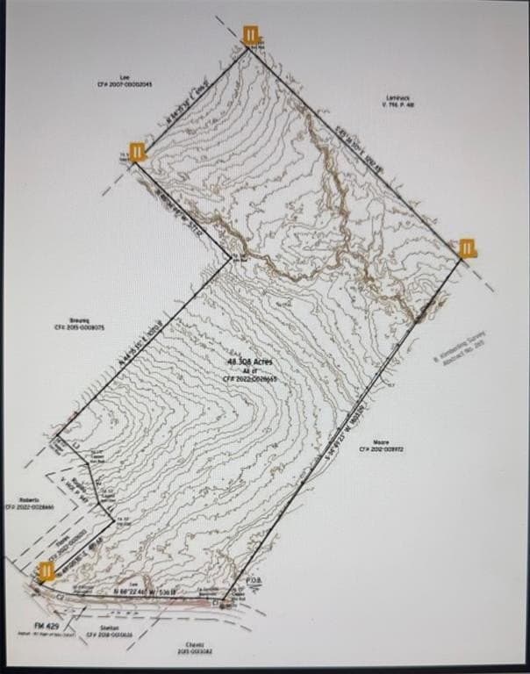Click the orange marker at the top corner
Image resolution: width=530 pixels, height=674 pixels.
(x=252, y=36)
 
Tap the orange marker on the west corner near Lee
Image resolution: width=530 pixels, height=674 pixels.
(x=138, y=152)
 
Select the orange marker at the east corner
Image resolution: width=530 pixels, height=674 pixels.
(x=468, y=247)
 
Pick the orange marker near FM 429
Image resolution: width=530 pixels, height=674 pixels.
(x=47, y=571)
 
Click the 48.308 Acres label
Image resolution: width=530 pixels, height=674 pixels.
(x=250, y=362)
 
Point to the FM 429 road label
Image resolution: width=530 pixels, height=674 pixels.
(x=46, y=624)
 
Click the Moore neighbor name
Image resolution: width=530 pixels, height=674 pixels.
(x=381, y=441)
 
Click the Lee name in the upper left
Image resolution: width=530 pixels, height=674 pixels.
(x=124, y=76)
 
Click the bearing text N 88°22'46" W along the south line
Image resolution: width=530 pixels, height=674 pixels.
(x=145, y=594)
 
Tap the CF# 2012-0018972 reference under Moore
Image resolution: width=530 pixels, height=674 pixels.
(x=381, y=449)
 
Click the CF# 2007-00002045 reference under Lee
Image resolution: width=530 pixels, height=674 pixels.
(x=125, y=83)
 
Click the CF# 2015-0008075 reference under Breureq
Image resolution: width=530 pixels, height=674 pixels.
(x=81, y=327)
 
